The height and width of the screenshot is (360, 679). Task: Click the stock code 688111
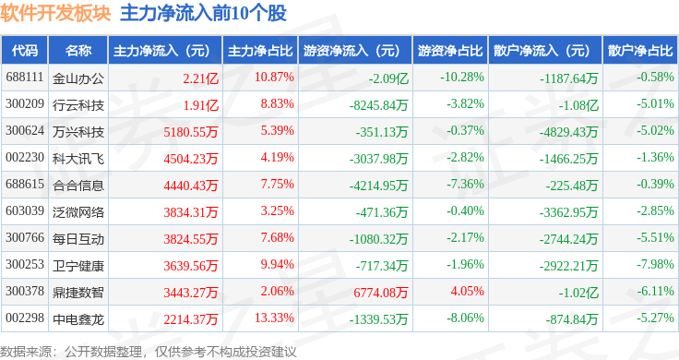[25, 78]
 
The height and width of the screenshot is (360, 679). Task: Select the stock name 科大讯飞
[78, 159]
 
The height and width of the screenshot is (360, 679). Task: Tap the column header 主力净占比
[260, 51]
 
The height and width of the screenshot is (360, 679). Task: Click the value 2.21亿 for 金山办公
[200, 78]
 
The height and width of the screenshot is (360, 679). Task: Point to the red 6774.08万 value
[381, 293]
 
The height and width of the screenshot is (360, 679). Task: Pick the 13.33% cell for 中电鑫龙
[274, 318]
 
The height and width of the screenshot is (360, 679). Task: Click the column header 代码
[25, 51]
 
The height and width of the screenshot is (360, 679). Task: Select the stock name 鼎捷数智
[78, 293]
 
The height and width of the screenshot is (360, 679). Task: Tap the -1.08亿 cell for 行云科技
[578, 105]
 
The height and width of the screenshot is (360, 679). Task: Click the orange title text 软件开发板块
[56, 13]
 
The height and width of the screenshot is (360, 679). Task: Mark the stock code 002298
[25, 318]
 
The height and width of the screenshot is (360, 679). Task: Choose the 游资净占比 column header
[450, 51]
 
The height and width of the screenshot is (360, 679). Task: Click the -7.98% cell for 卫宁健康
[655, 264]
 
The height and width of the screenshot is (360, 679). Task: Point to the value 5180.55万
[191, 132]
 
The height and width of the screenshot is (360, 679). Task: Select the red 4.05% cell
[467, 291]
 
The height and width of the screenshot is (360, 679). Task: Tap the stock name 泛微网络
[78, 212]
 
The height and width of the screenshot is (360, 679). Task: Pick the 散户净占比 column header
[640, 51]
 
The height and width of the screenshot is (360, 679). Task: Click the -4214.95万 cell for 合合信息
[378, 186]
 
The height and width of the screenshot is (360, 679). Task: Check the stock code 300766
[25, 238]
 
